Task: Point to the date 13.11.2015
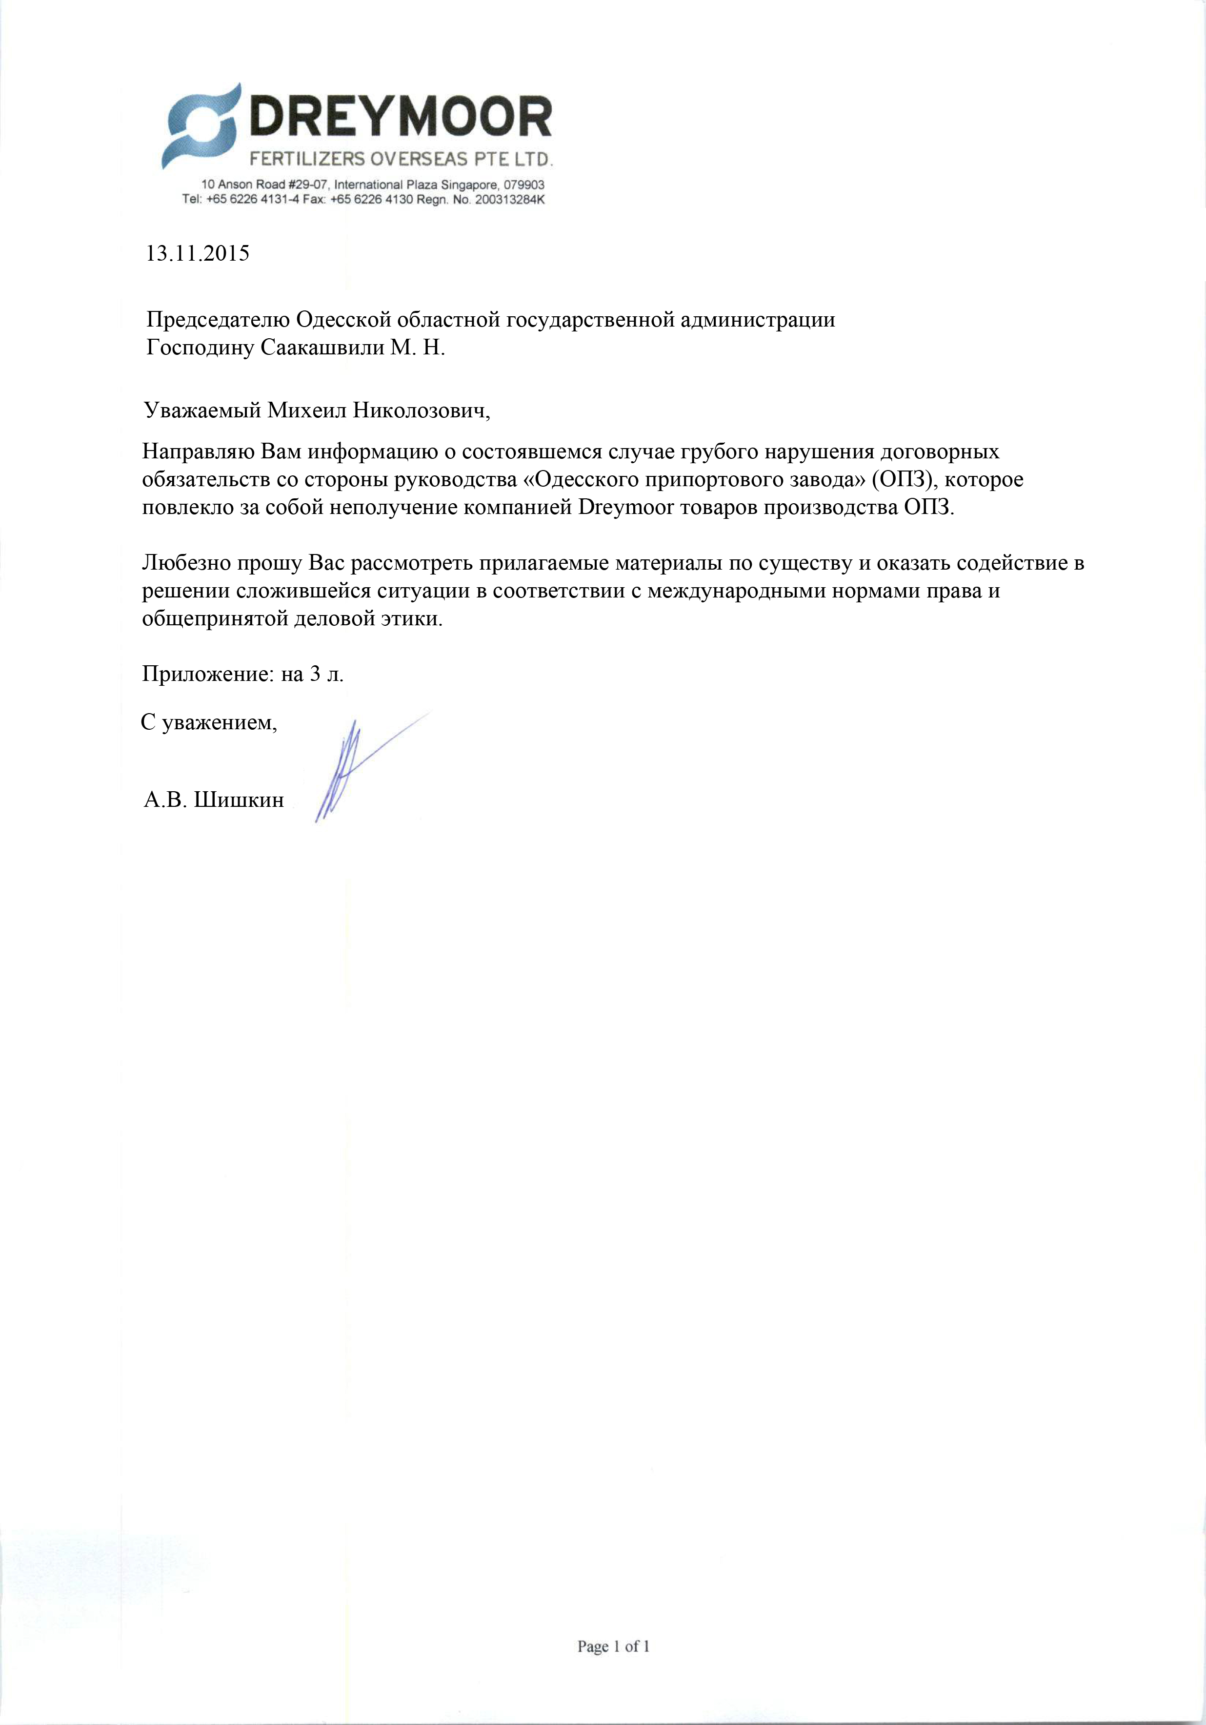click(x=197, y=253)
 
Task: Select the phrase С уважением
click(x=209, y=723)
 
